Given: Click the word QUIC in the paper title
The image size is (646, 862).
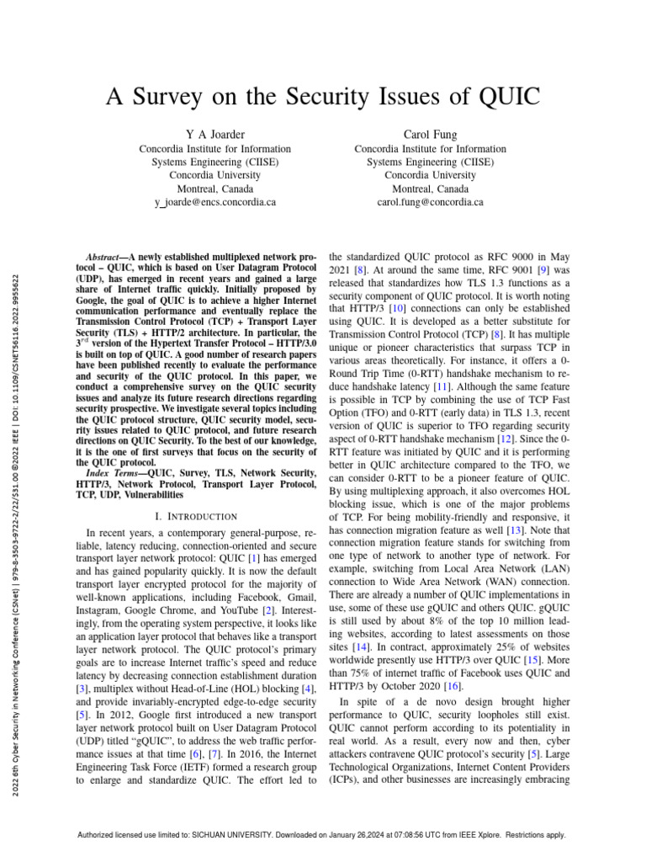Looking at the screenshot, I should coord(504,97).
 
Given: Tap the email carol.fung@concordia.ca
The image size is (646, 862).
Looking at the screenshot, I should coord(431,203).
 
